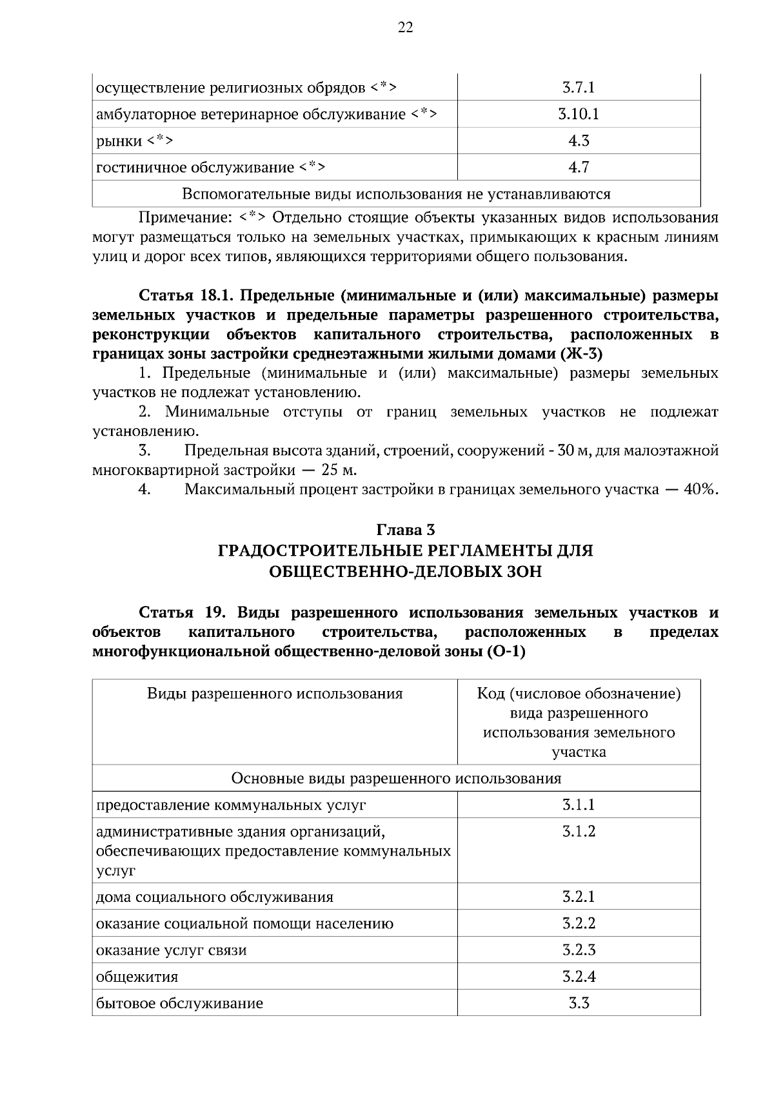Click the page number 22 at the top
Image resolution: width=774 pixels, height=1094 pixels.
(x=405, y=27)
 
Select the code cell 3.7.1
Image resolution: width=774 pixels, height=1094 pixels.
(x=579, y=87)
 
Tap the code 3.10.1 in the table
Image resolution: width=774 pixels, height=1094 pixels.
(x=579, y=114)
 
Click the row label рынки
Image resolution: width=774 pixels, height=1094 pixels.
(x=119, y=141)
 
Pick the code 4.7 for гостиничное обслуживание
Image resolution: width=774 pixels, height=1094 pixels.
(x=579, y=168)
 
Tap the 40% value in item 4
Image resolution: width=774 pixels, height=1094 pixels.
(x=700, y=489)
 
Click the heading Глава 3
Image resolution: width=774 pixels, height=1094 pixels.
(x=405, y=530)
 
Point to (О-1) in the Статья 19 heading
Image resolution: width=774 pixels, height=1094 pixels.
(x=506, y=652)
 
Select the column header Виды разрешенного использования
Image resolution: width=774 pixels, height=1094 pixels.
(x=275, y=694)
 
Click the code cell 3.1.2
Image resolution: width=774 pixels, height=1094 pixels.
(x=579, y=832)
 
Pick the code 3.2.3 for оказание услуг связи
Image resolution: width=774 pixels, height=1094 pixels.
(x=579, y=950)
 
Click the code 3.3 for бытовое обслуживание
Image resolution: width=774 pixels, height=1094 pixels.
(x=579, y=1003)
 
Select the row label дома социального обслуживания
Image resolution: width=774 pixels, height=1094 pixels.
(x=215, y=897)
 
